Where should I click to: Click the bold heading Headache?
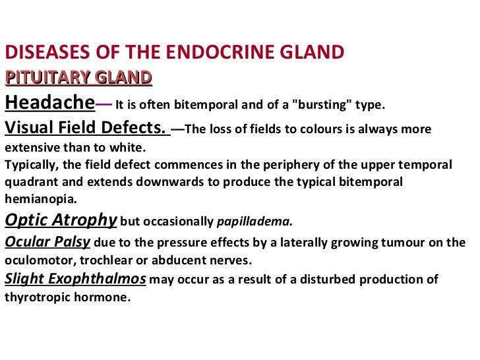[49, 103]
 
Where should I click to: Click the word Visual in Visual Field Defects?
[34, 128]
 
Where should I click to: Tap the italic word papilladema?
[255, 222]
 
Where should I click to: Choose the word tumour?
[404, 242]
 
